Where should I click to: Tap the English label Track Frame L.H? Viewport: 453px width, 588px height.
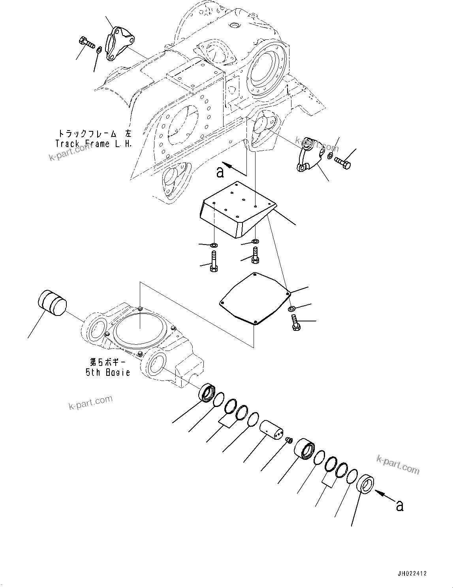tap(94, 144)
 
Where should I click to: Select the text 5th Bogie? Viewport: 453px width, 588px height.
tap(108, 372)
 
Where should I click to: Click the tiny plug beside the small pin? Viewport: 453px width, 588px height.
tap(289, 440)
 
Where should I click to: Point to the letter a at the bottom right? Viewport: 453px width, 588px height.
tap(400, 506)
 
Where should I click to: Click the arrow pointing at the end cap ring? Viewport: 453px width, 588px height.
tap(383, 494)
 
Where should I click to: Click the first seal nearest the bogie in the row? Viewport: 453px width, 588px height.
tap(207, 393)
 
